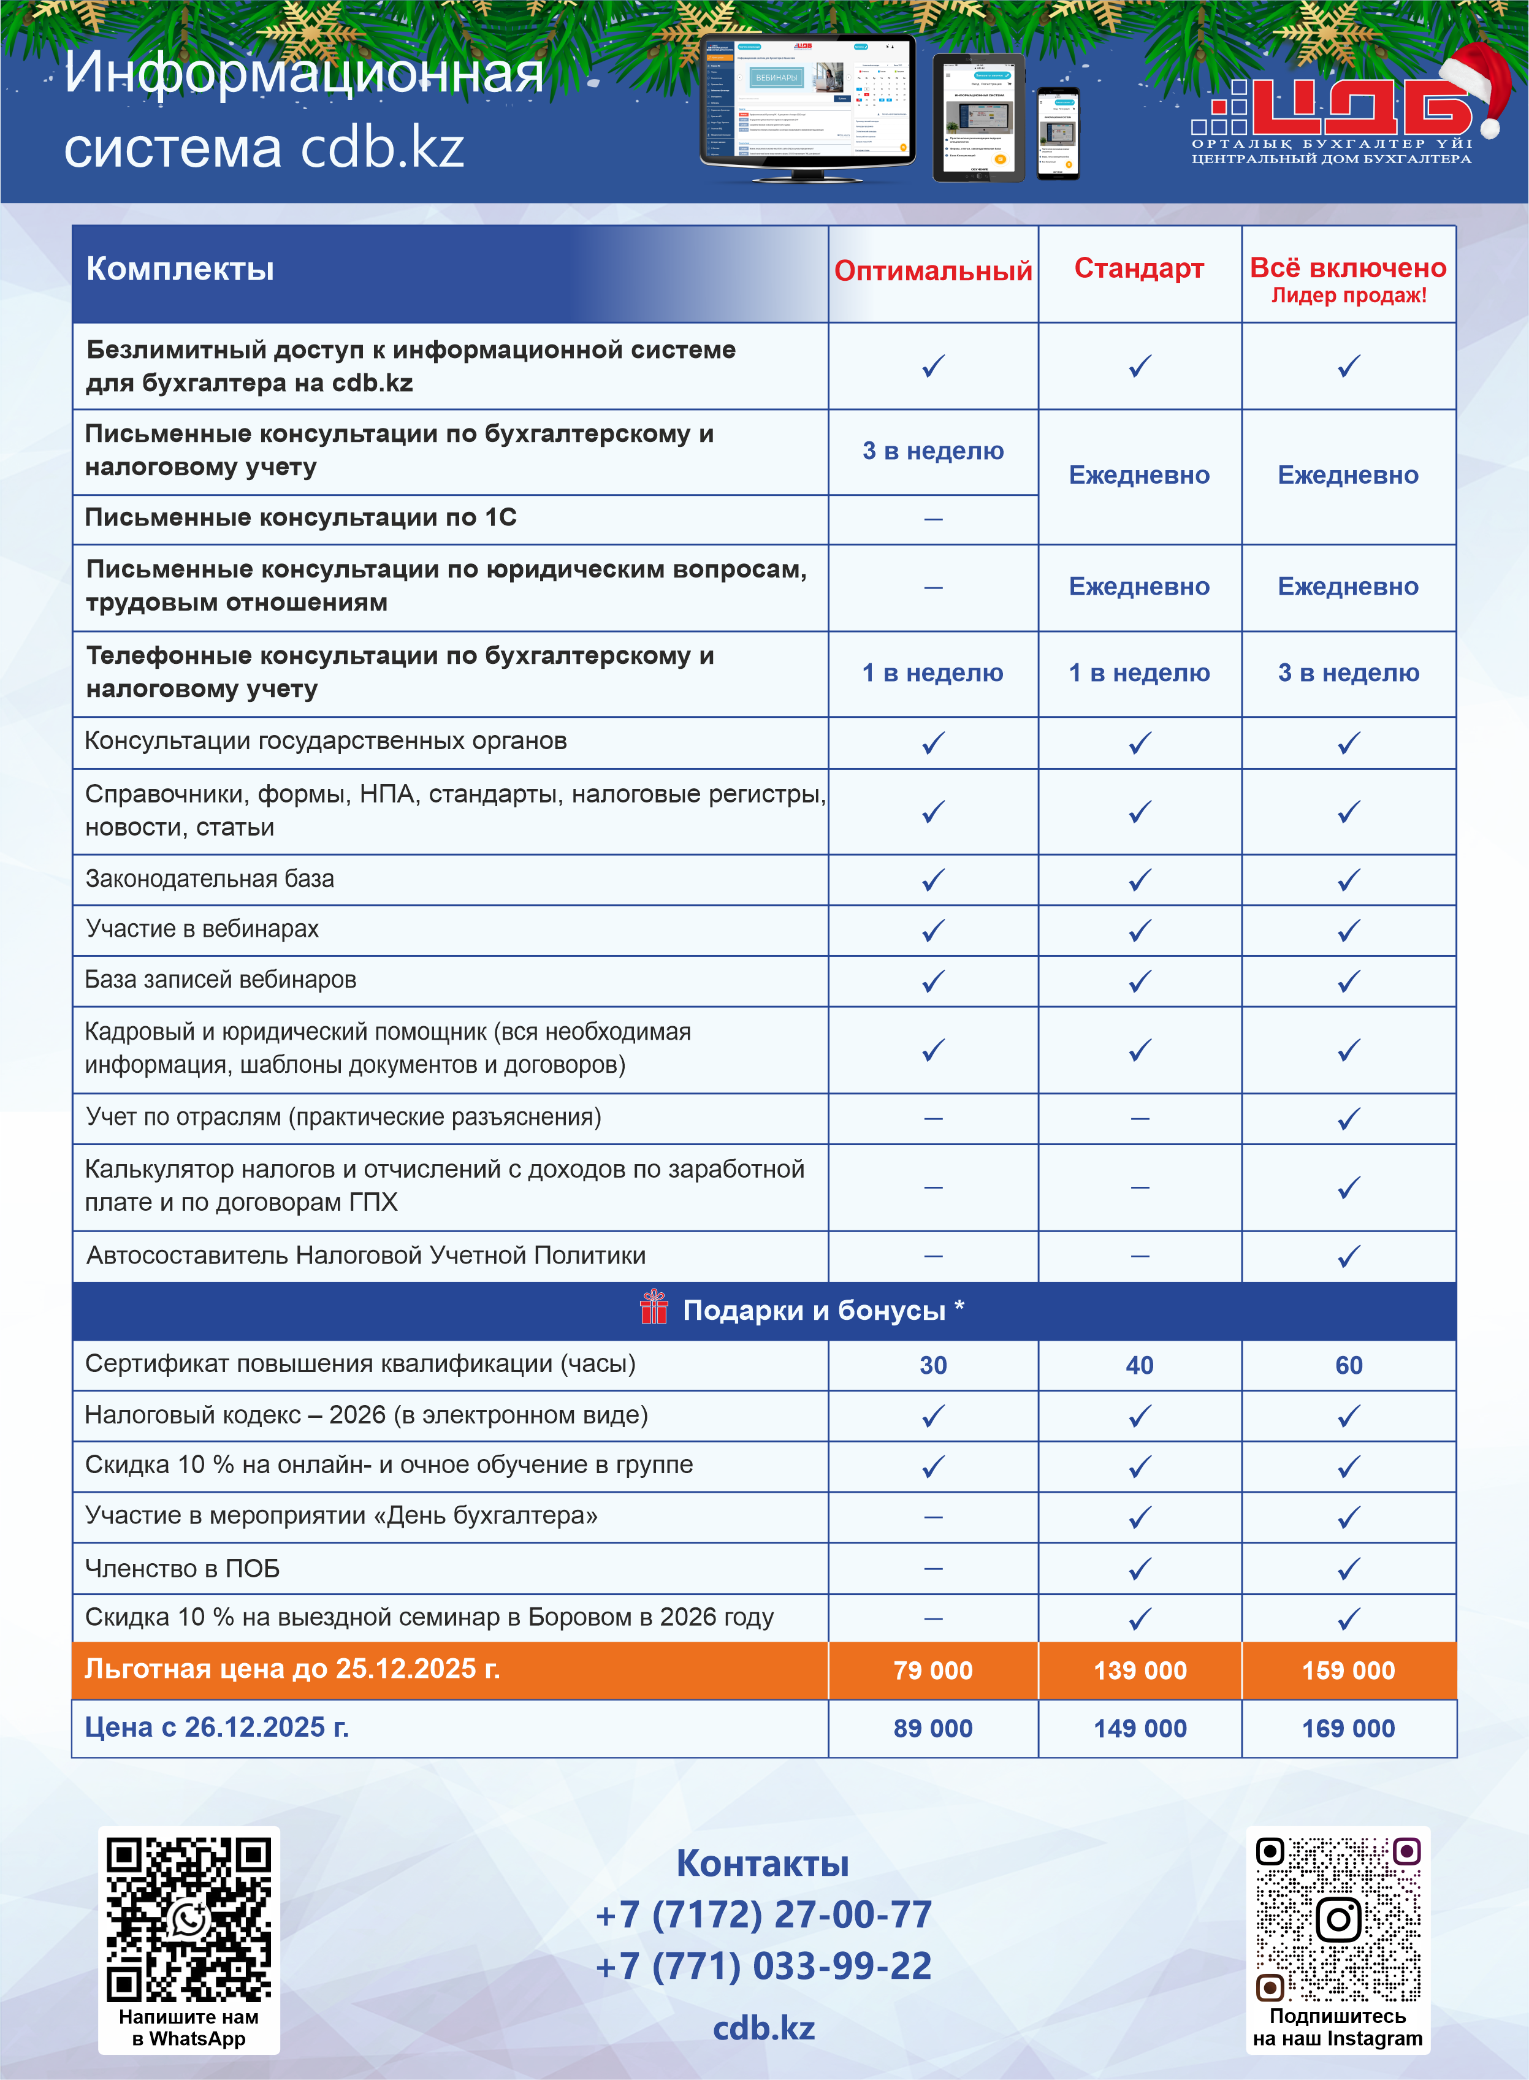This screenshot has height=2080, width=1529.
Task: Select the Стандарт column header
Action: [x=1138, y=269]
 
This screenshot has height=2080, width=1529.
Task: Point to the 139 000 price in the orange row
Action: [x=1139, y=1670]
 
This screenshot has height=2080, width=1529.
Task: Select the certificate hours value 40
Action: [x=1139, y=1365]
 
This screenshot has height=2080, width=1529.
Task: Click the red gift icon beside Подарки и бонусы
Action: [x=654, y=1308]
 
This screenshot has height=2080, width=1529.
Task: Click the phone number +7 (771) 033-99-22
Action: [x=763, y=1966]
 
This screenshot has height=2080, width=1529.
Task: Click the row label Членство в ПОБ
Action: [x=182, y=1568]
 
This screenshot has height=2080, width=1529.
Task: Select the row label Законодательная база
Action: [x=210, y=879]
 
